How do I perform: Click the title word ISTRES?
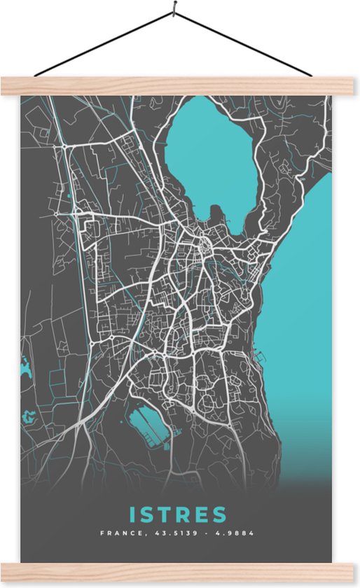point(177,514)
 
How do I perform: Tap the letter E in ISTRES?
point(199,514)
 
